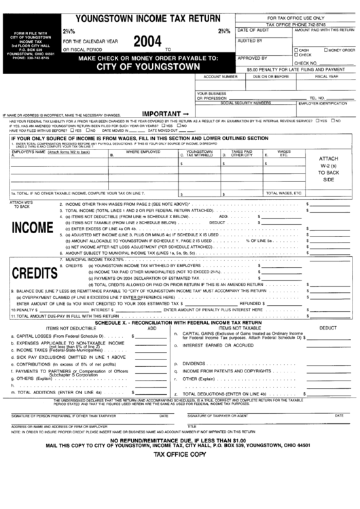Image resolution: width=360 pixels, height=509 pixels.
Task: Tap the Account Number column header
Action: (221, 77)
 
